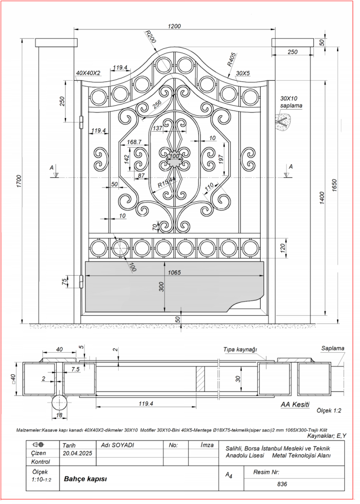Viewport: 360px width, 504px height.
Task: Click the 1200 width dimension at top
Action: coord(175,26)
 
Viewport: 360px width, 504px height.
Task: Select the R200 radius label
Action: coord(150,37)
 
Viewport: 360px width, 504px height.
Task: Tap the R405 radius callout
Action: coord(231,60)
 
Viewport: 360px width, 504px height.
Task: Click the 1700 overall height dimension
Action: coord(18,181)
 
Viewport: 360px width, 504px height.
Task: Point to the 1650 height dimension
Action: coord(335,184)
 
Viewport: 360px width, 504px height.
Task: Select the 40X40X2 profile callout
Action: coord(88,73)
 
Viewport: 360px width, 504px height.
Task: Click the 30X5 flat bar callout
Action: coord(243,73)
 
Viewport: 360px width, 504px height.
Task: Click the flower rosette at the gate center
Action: coord(174,159)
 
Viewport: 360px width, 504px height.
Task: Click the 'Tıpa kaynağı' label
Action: coord(240,350)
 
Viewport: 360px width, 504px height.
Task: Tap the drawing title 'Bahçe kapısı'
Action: coord(85,479)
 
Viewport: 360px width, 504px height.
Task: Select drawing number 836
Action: coord(282,484)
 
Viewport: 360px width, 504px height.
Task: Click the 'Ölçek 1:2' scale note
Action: coord(329,411)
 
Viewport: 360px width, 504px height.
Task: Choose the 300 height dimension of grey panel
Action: coord(162,287)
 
